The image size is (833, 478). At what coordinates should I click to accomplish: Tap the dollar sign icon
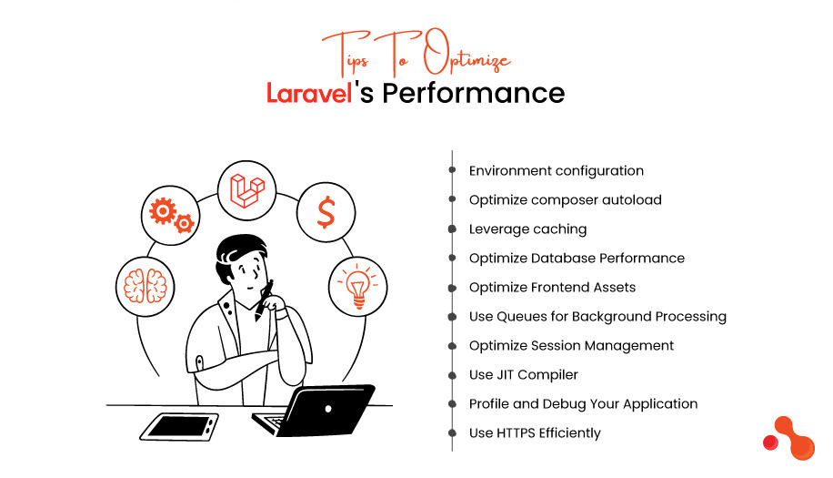[325, 212]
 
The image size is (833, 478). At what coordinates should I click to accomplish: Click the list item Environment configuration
[556, 170]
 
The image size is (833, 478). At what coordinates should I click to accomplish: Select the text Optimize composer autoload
[565, 199]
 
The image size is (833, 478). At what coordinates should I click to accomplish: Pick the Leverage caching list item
[527, 229]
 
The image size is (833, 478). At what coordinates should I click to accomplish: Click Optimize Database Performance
[577, 258]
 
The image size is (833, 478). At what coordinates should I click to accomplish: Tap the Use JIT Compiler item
[523, 374]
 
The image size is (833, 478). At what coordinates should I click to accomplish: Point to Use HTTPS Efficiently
[535, 432]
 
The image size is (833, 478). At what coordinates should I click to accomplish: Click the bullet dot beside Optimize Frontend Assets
[452, 287]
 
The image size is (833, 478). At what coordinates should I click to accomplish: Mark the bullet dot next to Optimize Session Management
[452, 345]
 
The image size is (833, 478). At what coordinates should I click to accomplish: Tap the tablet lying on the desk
[182, 424]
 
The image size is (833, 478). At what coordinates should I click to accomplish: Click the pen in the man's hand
[263, 300]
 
